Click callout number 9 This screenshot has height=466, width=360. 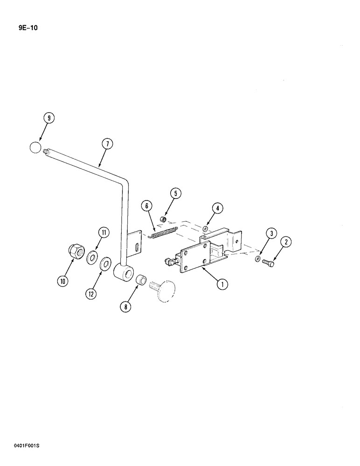tap(48, 118)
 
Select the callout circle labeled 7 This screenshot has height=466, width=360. tap(106, 144)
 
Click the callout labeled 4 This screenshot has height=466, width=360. tap(217, 208)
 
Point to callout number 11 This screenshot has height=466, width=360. tap(103, 232)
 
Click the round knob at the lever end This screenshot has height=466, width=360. tap(35, 148)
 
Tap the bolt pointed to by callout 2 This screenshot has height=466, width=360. tap(268, 263)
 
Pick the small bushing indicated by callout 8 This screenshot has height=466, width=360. tap(141, 281)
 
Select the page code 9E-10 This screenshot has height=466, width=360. tap(21, 28)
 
